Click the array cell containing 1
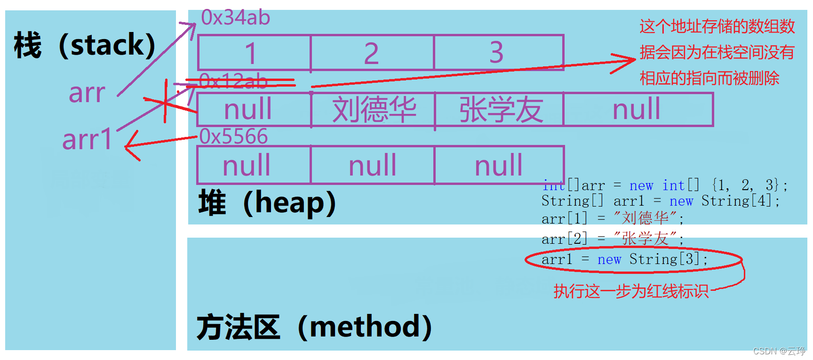pyautogui.click(x=254, y=53)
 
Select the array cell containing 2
pyautogui.click(x=372, y=53)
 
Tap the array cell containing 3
pyautogui.click(x=498, y=53)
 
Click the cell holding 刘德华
pyautogui.click(x=374, y=110)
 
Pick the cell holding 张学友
pyautogui.click(x=500, y=110)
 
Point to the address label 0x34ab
pyautogui.click(x=235, y=18)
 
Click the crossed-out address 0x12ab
pyautogui.click(x=233, y=81)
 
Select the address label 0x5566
pyautogui.click(x=233, y=136)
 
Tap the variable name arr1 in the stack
pyautogui.click(x=88, y=140)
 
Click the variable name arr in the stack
pyautogui.click(x=87, y=93)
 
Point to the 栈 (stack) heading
pyautogui.click(x=85, y=46)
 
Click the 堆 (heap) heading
pyautogui.click(x=267, y=203)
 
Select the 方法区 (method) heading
pyautogui.click(x=314, y=327)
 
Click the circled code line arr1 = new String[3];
pyautogui.click(x=624, y=259)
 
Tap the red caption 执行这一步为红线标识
pyautogui.click(x=630, y=291)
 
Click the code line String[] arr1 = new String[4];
pyautogui.click(x=660, y=201)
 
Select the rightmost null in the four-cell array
pyautogui.click(x=637, y=110)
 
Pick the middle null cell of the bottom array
pyautogui.click(x=373, y=166)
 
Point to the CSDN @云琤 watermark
pyautogui.click(x=779, y=351)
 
